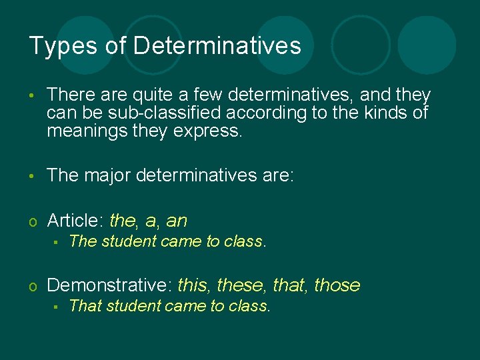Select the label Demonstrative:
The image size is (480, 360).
click(110, 285)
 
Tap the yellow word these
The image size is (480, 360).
click(241, 285)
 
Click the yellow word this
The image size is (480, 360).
click(193, 285)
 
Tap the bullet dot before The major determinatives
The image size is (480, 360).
click(33, 177)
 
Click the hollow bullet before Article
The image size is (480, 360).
click(33, 221)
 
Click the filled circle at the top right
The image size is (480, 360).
click(427, 45)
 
